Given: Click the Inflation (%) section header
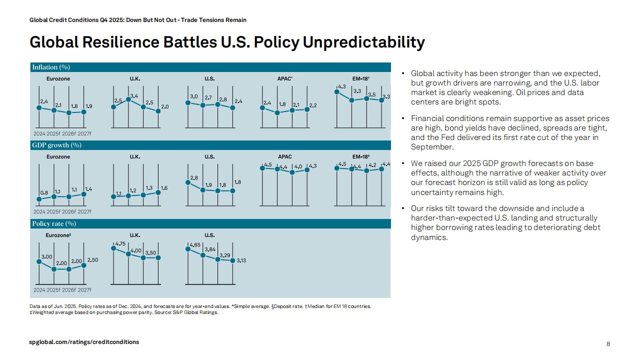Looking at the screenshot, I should click(51, 67).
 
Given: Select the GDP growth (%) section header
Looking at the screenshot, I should click(56, 145).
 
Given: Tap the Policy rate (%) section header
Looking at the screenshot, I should click(54, 223).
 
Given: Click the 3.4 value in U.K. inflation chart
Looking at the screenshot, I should click(134, 95).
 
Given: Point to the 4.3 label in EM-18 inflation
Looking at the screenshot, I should click(342, 86).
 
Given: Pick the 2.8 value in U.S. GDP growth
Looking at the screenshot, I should click(194, 178).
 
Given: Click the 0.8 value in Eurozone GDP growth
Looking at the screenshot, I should click(44, 192).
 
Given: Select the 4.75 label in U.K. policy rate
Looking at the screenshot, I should click(120, 243).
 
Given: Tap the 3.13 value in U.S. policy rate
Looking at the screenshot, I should click(241, 260).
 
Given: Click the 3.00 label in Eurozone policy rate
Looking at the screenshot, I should click(46, 256).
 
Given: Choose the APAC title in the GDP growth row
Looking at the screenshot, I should click(285, 156).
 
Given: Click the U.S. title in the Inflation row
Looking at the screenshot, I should click(209, 78).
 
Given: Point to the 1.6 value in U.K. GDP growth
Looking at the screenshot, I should click(164, 188).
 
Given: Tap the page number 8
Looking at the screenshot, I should click(608, 344).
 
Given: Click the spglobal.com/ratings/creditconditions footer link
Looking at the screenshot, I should click(84, 342).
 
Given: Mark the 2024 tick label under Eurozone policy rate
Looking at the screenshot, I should click(39, 290).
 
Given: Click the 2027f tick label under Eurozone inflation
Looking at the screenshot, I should click(84, 133).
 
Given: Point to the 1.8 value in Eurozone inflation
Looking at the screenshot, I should click(74, 106).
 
